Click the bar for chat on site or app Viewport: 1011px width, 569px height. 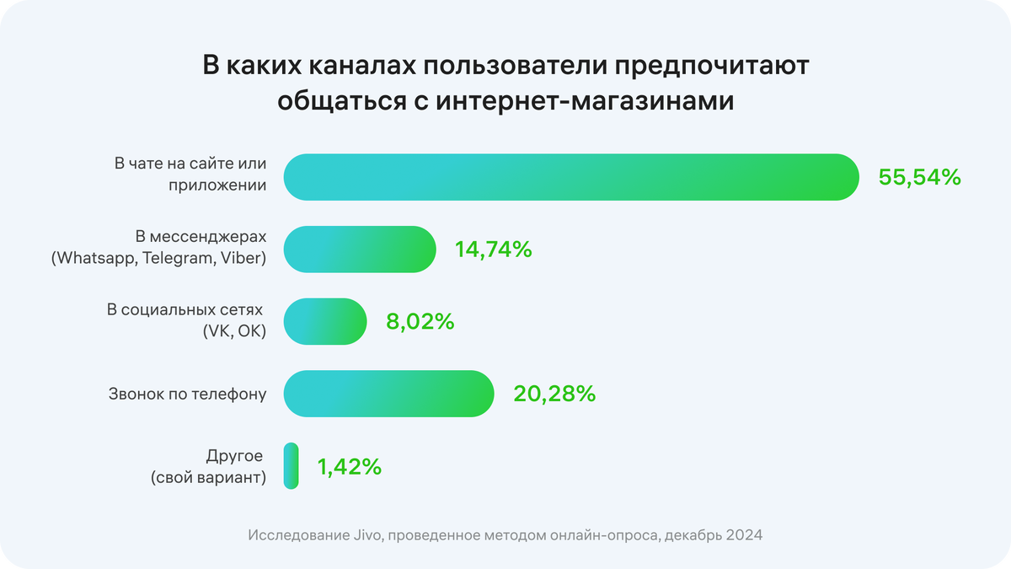pyautogui.click(x=571, y=177)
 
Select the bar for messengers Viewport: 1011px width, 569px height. pyautogui.click(x=360, y=250)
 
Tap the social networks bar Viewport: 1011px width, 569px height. pyautogui.click(x=325, y=321)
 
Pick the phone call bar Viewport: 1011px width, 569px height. pyautogui.click(x=388, y=394)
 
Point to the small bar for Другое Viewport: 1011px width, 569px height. pyautogui.click(x=291, y=466)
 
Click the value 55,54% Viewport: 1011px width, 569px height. pyautogui.click(x=918, y=177)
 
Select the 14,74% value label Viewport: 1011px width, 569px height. pyautogui.click(x=493, y=250)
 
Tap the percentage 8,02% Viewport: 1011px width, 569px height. pyautogui.click(x=420, y=321)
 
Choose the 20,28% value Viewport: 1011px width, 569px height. pyautogui.click(x=554, y=394)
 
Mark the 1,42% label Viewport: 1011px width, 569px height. pyautogui.click(x=349, y=466)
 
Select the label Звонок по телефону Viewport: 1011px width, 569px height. pyautogui.click(x=187, y=394)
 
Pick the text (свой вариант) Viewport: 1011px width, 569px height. pyautogui.click(x=209, y=478)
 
